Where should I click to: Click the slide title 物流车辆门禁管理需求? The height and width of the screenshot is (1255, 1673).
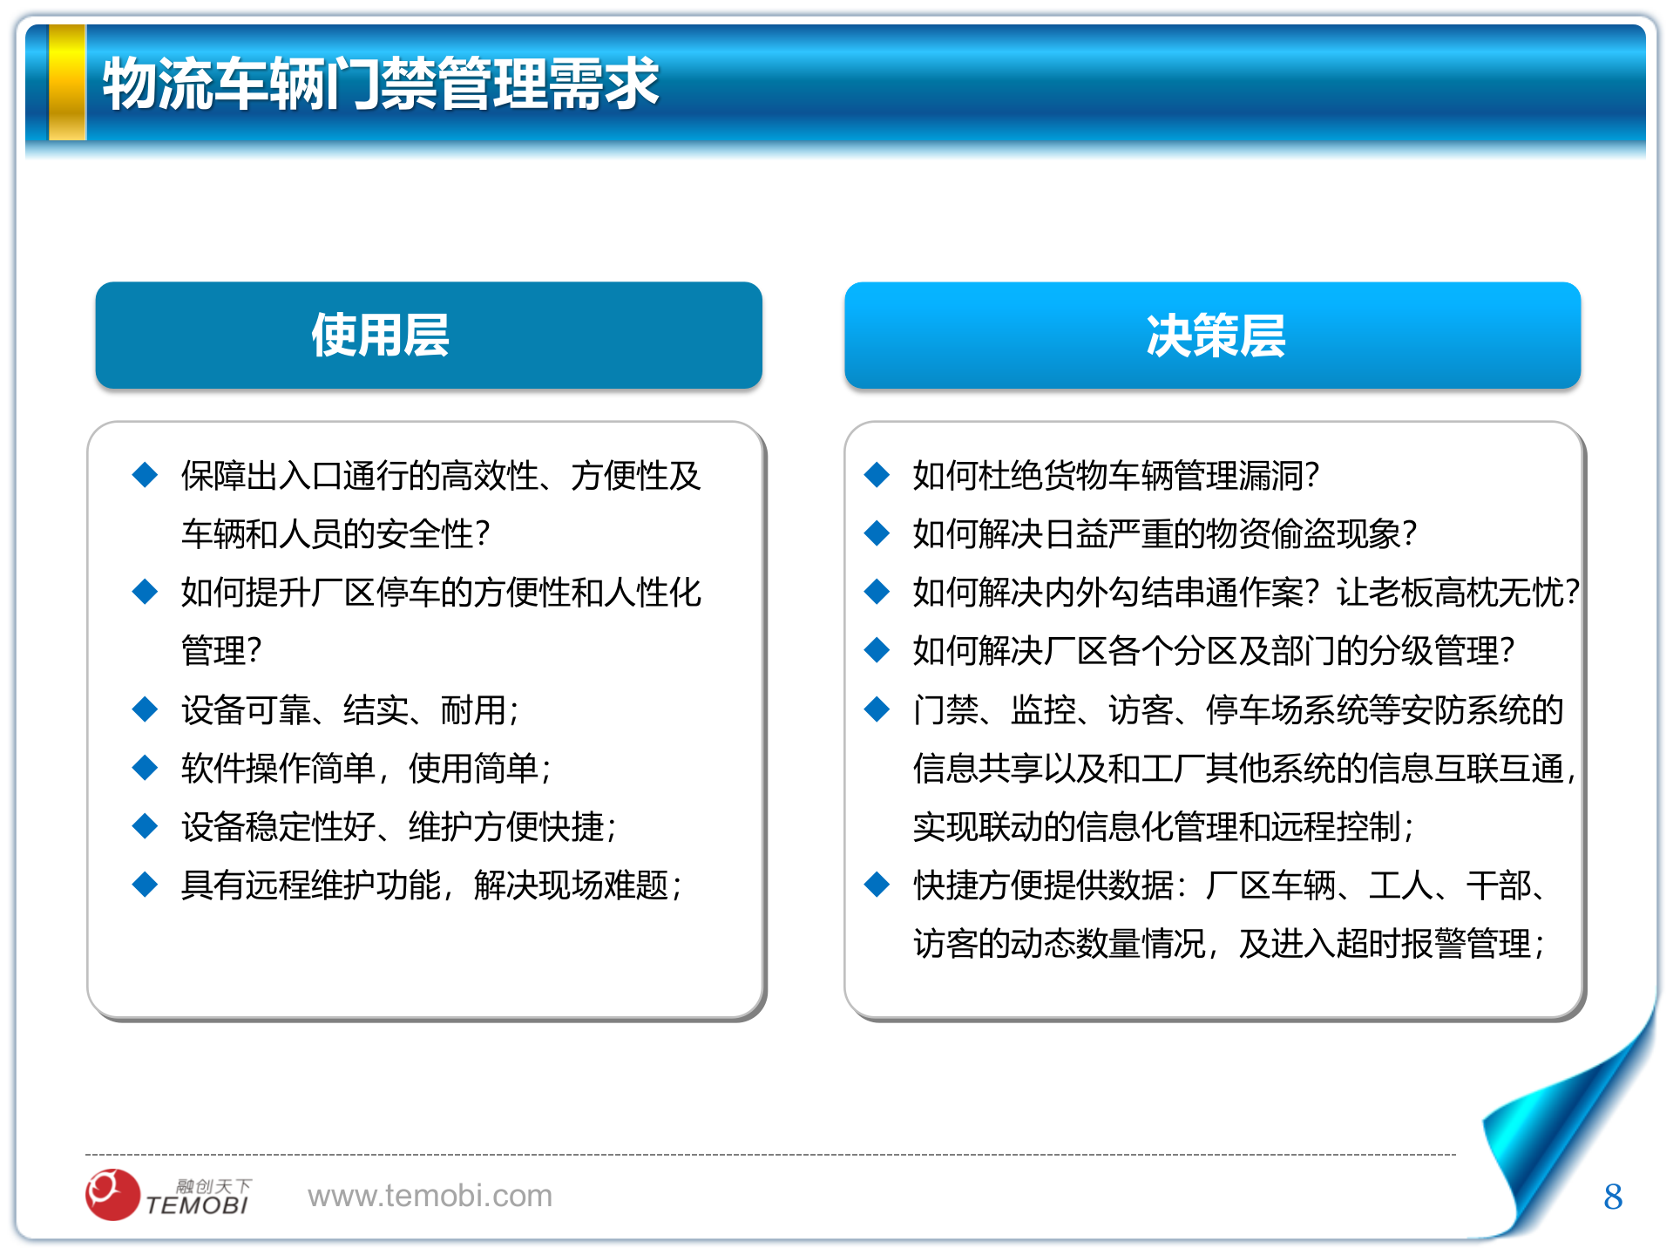coord(381,85)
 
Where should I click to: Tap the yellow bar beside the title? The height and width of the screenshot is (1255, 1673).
coord(67,83)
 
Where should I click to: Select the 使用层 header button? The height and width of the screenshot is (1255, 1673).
coord(428,336)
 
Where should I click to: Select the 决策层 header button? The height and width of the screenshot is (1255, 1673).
coord(1212,336)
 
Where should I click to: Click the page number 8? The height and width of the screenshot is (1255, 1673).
coord(1612,1197)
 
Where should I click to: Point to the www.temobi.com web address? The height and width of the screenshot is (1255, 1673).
coord(430,1196)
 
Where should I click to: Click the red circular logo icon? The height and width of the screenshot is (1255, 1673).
coord(112,1194)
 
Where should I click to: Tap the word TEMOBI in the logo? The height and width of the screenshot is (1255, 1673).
coord(198,1205)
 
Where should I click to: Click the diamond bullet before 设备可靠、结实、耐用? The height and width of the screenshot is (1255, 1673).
coord(145,709)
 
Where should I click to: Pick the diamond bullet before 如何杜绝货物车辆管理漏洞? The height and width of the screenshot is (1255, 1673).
coord(877,475)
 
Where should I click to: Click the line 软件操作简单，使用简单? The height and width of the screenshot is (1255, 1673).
coord(366,768)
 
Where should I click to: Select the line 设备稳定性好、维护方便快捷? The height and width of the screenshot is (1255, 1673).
coord(398,826)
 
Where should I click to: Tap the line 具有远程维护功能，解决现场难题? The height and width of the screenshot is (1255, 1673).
coord(430,885)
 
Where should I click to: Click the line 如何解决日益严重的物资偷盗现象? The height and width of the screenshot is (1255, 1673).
coord(1164,533)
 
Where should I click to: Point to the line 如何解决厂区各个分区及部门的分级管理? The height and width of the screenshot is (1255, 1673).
coord(1213,650)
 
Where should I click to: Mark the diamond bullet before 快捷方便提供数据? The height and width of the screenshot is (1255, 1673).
coord(877,885)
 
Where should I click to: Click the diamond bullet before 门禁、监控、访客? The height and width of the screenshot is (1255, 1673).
coord(877,709)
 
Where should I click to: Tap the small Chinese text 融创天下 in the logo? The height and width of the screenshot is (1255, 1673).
coord(213,1185)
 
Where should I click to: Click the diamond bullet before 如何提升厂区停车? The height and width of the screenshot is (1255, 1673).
coord(145,592)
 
